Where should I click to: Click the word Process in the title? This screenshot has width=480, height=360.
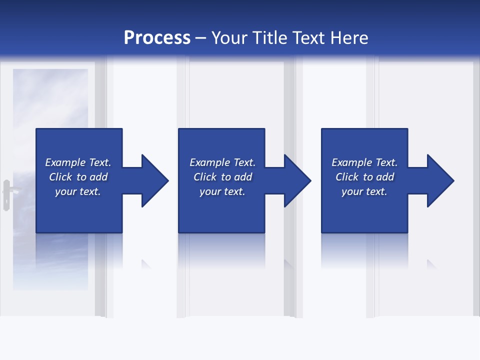157,38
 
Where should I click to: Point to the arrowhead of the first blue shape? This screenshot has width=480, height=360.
155,180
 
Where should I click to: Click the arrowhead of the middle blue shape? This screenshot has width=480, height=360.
297,180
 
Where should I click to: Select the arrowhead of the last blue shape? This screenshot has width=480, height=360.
440,180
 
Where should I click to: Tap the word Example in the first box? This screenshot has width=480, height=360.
65,162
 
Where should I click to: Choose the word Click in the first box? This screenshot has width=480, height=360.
60,177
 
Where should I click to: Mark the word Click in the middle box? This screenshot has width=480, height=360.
205,177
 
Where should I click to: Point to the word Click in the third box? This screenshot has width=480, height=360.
347,177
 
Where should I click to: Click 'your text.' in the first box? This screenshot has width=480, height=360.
78,191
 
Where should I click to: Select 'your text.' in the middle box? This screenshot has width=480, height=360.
222,191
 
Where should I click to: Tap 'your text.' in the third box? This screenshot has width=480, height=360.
364,191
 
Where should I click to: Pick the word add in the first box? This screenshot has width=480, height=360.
98,177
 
